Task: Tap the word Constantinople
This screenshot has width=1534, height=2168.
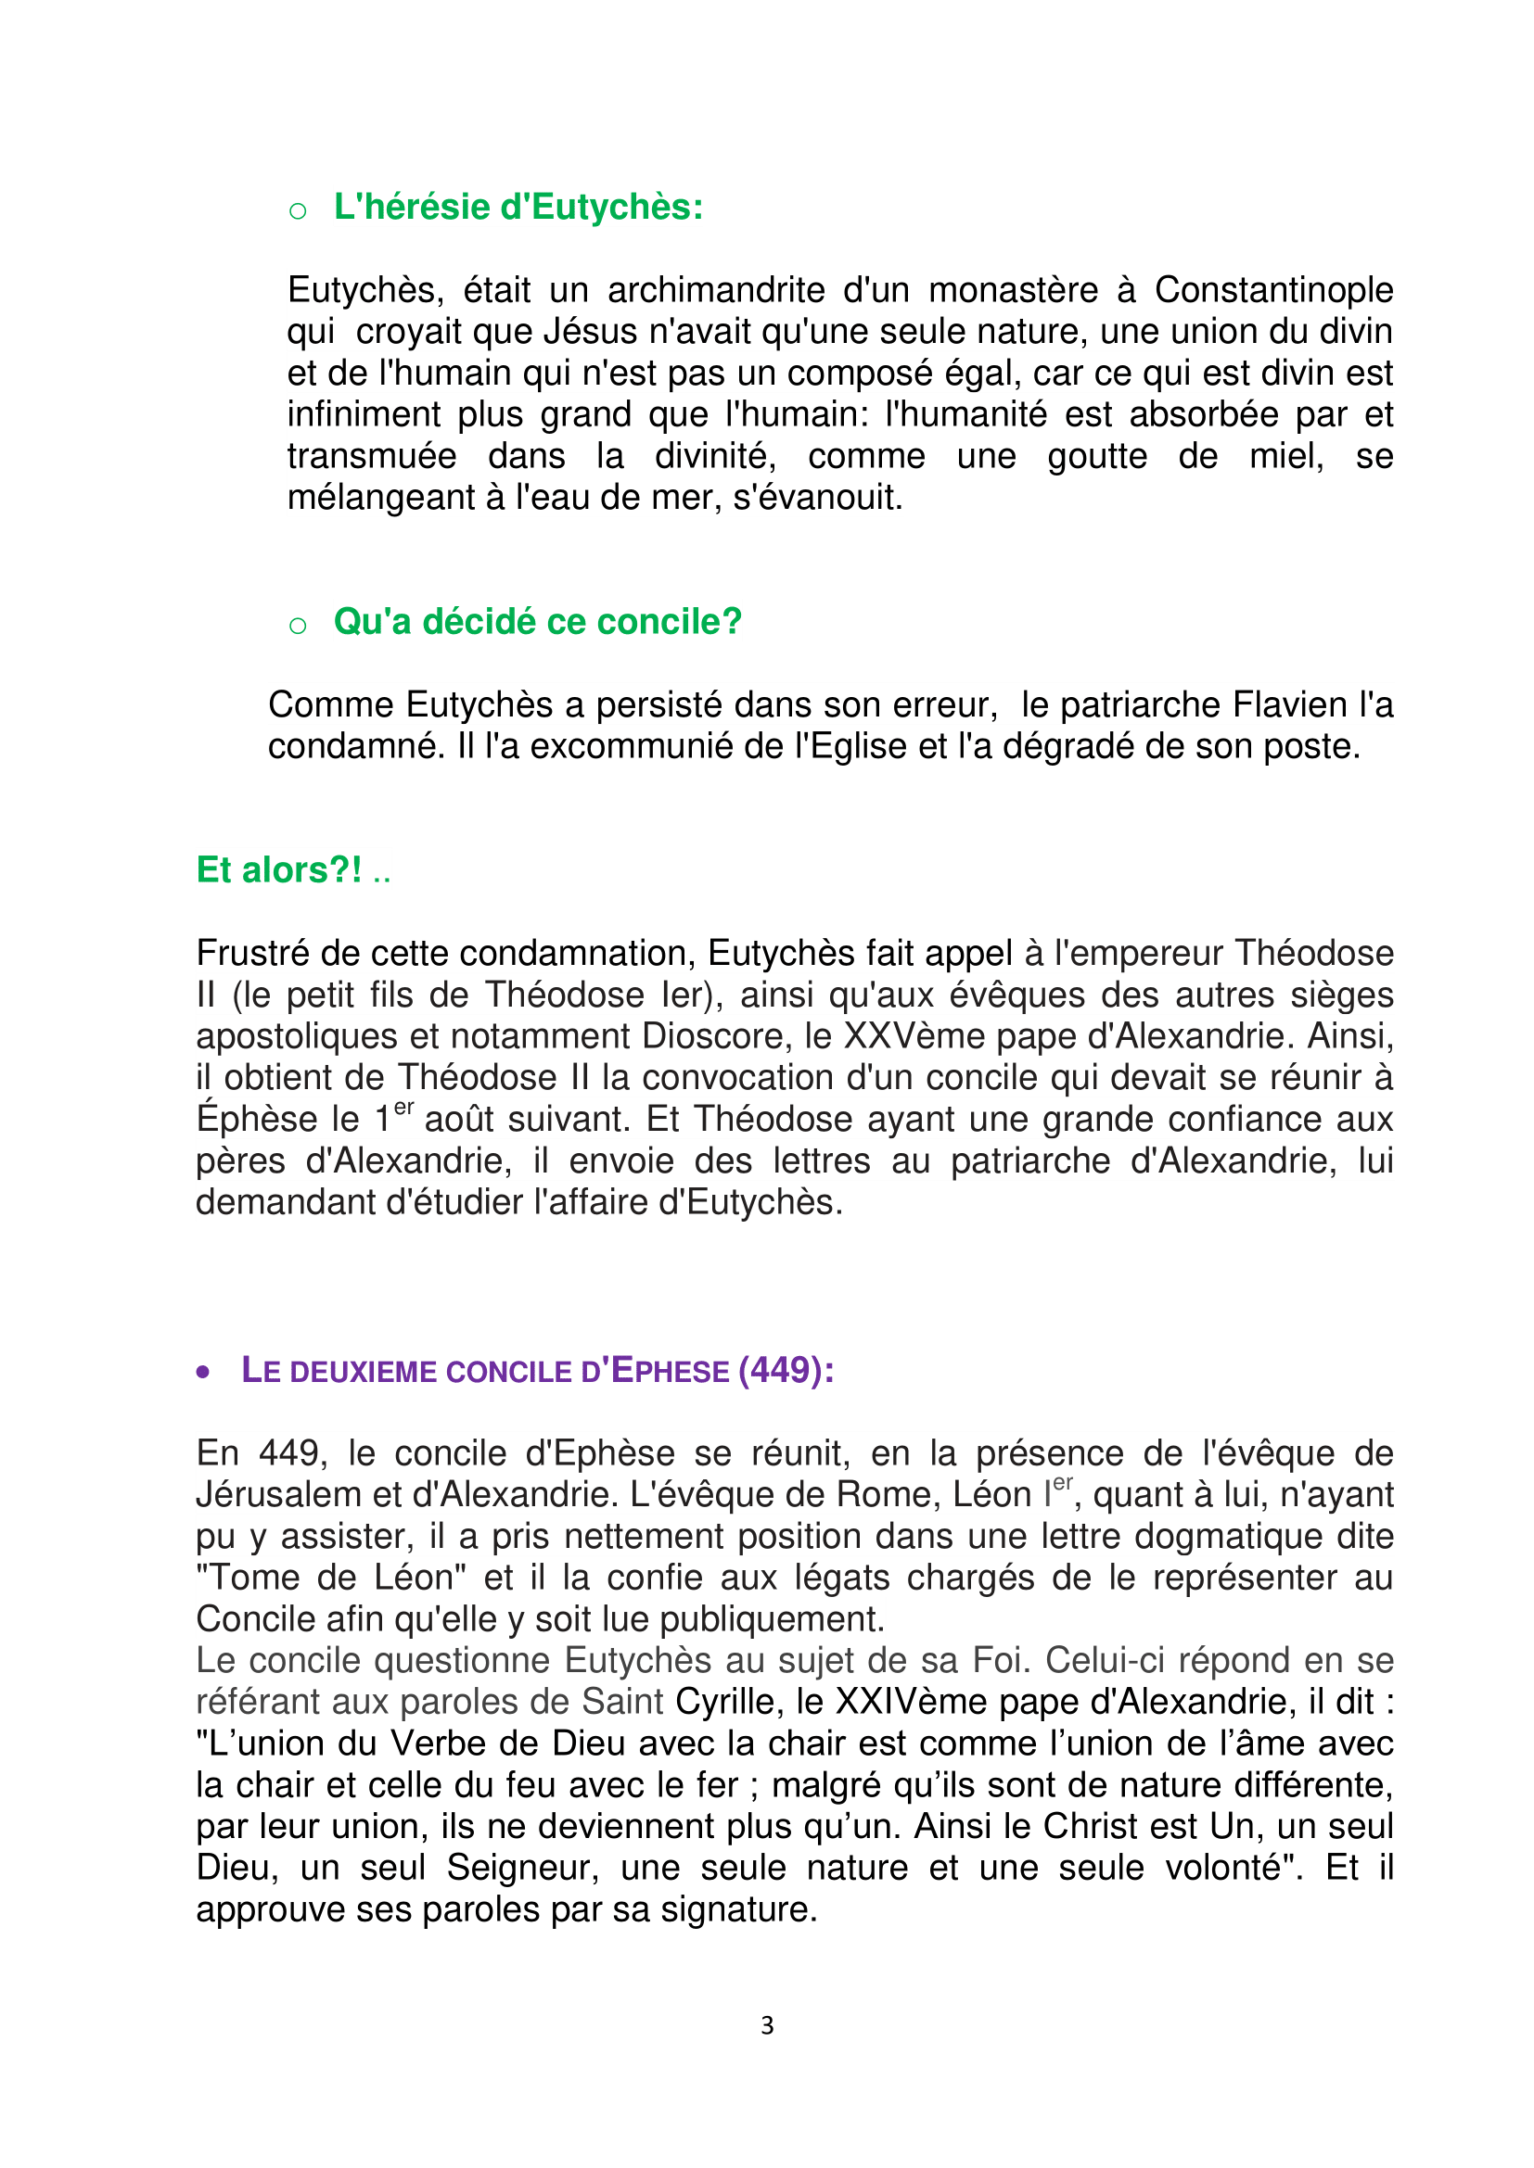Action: click(1273, 290)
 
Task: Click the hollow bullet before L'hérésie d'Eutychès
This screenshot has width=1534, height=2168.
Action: click(298, 210)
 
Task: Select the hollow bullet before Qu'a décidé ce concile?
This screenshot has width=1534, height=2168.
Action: click(298, 625)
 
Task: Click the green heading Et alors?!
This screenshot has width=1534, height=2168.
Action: click(278, 869)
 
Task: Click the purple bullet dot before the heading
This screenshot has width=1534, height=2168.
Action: click(203, 1372)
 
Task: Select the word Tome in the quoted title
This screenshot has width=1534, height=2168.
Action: click(249, 1578)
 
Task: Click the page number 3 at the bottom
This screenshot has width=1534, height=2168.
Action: click(767, 2025)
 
